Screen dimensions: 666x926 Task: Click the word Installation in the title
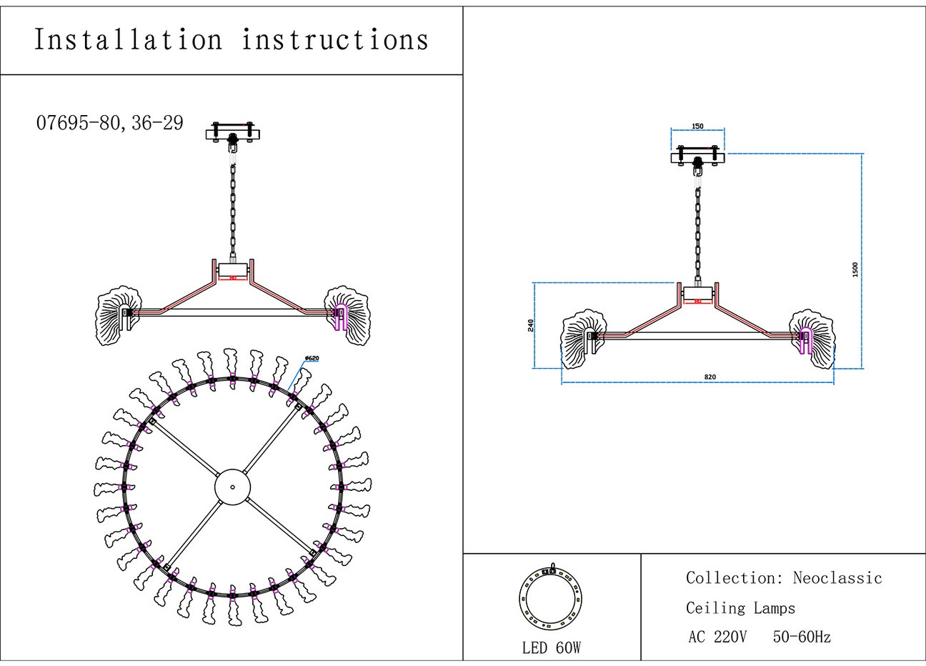point(129,39)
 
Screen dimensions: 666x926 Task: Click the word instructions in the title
point(335,39)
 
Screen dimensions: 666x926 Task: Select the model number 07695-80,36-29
point(109,123)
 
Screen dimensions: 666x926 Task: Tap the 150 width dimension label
point(697,126)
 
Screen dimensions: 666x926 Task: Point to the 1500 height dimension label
point(855,269)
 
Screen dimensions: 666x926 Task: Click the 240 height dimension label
point(530,325)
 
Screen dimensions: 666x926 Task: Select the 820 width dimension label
point(709,377)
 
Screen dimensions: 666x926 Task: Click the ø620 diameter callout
point(312,358)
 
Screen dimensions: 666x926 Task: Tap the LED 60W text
point(551,647)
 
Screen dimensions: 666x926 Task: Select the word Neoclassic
point(837,577)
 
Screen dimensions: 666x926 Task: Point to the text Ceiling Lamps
point(740,608)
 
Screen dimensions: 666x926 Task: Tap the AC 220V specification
point(717,637)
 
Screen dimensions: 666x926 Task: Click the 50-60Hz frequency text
point(802,637)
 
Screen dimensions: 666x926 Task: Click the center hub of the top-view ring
point(233,487)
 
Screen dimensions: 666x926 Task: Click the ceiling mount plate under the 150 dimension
point(698,157)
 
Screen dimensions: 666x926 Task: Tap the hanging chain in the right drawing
point(698,229)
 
